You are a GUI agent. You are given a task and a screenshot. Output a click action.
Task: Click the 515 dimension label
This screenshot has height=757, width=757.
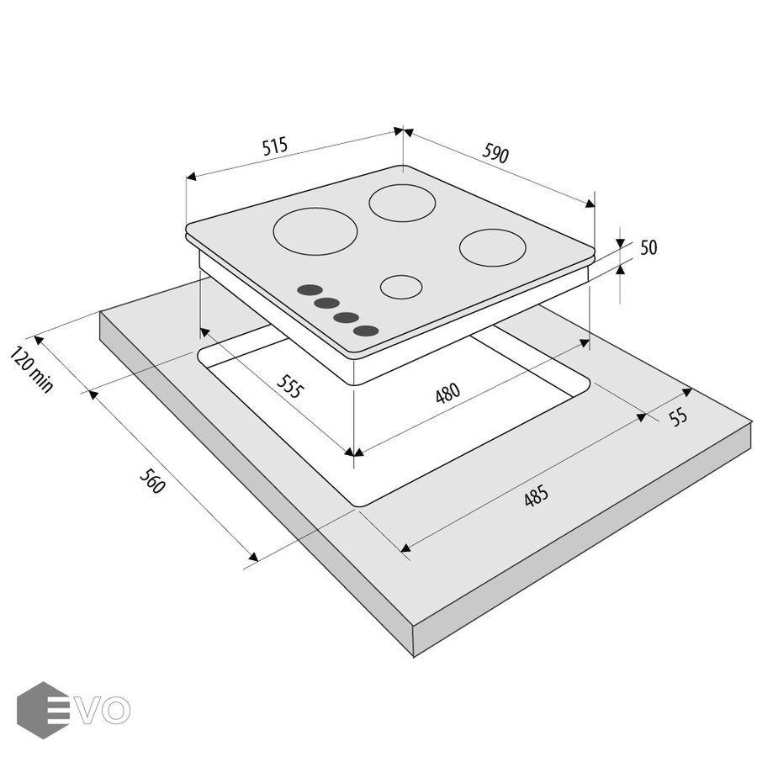275,146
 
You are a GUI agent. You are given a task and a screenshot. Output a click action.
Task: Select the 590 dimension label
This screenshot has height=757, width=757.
495,153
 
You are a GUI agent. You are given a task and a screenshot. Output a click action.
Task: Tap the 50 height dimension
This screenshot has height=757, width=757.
648,247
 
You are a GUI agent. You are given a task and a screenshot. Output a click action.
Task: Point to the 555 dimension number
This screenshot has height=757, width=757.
291,386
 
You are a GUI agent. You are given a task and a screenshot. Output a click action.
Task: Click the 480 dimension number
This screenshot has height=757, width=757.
447,393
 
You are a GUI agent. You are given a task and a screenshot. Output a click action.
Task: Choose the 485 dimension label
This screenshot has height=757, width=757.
536,495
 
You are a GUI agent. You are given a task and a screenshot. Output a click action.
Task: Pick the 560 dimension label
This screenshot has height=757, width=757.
152,481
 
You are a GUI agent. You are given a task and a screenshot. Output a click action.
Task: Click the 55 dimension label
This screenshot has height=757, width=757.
679,416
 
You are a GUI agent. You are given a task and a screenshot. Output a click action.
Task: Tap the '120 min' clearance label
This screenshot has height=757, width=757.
31,369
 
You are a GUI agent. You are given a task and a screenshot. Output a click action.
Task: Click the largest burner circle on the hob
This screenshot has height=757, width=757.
315,231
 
